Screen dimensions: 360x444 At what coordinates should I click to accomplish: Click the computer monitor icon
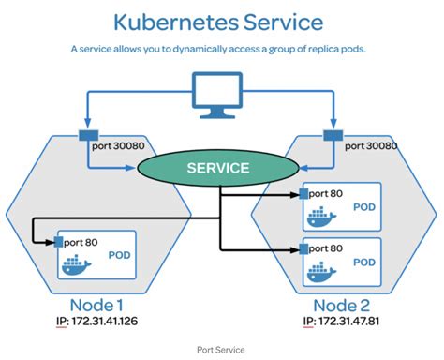point(221,94)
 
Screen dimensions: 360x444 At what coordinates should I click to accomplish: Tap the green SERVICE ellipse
point(218,169)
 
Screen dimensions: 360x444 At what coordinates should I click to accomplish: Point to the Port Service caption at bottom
point(221,350)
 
